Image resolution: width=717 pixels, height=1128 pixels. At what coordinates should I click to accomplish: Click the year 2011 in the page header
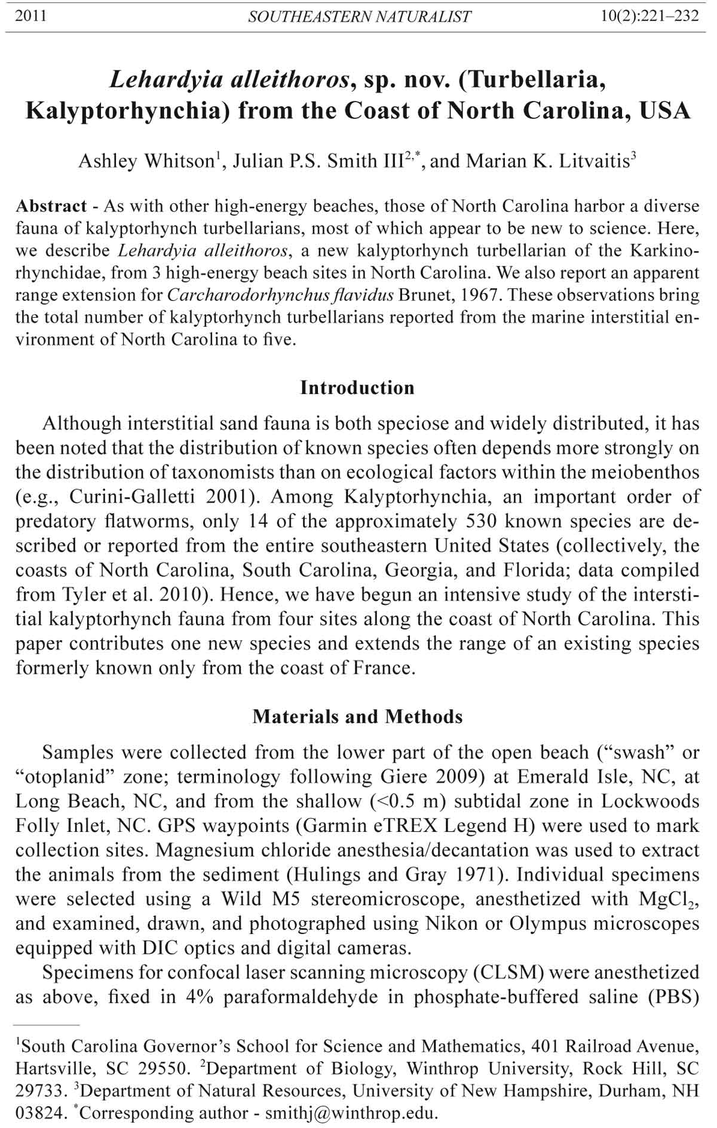tap(30, 16)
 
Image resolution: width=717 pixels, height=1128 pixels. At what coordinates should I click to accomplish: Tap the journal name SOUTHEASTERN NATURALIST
tap(359, 17)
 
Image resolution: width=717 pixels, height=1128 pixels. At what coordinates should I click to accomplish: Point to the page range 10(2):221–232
tap(650, 16)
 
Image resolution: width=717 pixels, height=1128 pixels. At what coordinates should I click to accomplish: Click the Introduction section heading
tap(357, 388)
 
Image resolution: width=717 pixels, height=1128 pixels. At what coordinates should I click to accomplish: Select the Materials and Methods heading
tap(357, 717)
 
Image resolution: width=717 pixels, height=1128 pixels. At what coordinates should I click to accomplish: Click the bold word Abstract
tap(51, 207)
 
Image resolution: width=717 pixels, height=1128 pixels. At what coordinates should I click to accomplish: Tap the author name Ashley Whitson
tap(146, 161)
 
